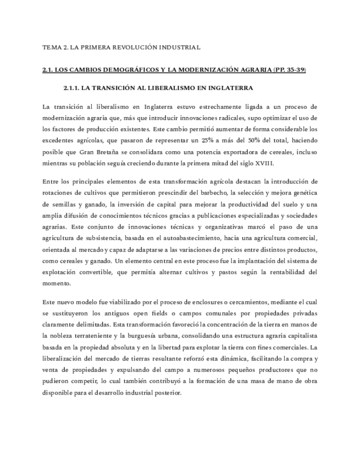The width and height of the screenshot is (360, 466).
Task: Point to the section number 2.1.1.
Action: (x=73, y=88)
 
